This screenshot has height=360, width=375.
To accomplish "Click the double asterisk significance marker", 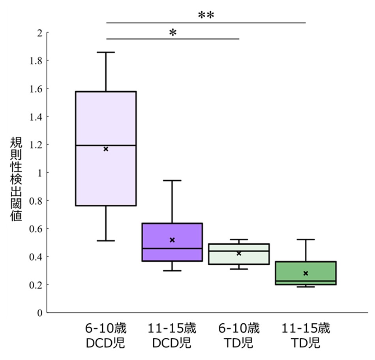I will pyautogui.click(x=206, y=15).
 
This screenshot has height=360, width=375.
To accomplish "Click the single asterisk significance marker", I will pyautogui.click(x=172, y=33).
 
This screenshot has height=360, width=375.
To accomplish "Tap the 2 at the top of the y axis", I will pyautogui.click(x=39, y=32).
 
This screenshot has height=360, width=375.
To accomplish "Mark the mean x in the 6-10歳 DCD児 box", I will pyautogui.click(x=106, y=149).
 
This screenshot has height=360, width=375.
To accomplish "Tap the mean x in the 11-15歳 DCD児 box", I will pyautogui.click(x=172, y=240).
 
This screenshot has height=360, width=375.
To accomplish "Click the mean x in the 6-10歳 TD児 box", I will pyautogui.click(x=239, y=253).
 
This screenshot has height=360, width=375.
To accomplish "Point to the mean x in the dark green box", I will pyautogui.click(x=306, y=273).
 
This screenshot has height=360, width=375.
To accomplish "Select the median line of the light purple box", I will pyautogui.click(x=106, y=145).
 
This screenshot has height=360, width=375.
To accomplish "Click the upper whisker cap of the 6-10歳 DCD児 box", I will pyautogui.click(x=106, y=52).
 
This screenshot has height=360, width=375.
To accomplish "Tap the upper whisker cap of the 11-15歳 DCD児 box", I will pyautogui.click(x=172, y=180).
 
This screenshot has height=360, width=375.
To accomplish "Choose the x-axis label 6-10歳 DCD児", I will pyautogui.click(x=106, y=335).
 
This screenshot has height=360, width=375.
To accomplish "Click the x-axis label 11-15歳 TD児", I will pyautogui.click(x=306, y=335).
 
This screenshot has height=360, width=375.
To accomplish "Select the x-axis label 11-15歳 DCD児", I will pyautogui.click(x=172, y=335).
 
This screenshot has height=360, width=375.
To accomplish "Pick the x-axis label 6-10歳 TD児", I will pyautogui.click(x=239, y=335).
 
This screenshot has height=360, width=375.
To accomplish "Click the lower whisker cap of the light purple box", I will pyautogui.click(x=106, y=240).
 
